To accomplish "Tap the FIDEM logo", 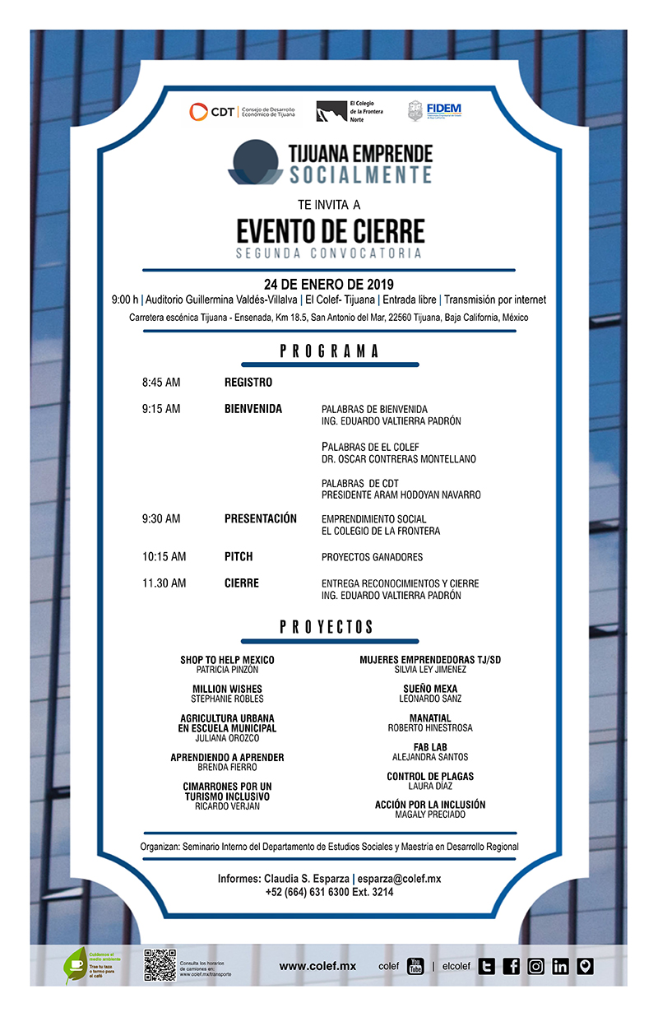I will (435, 111).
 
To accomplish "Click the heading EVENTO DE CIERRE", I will (331, 229).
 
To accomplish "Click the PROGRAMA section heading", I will (329, 351).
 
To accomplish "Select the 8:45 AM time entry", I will (161, 383).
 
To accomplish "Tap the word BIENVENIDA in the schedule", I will (253, 409).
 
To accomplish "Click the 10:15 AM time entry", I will (164, 557).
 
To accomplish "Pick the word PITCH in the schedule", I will (239, 557).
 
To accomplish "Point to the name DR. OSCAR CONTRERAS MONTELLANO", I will (399, 459).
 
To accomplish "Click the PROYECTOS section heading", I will (327, 627).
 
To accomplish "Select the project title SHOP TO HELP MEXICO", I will (227, 660).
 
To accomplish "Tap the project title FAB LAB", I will (430, 747).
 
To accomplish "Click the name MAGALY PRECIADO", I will (430, 815).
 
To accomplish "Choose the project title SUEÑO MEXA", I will (430, 689).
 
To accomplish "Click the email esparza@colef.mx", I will (399, 879).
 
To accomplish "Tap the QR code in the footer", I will (160, 965).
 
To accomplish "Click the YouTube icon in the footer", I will (415, 966).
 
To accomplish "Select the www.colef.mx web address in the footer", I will (317, 966).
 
